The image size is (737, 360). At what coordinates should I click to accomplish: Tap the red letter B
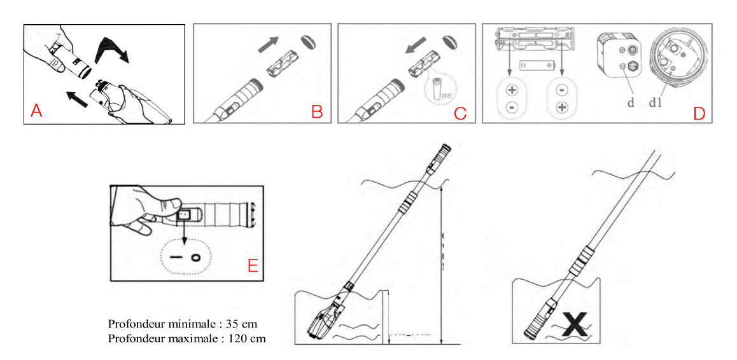click(316, 112)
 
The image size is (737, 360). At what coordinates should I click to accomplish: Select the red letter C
click(460, 113)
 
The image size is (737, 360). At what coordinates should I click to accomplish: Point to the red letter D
click(699, 113)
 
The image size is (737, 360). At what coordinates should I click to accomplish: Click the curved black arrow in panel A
click(111, 51)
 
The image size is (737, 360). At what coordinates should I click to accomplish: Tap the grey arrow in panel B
click(269, 45)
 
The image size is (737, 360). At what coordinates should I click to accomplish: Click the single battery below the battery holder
click(537, 65)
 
